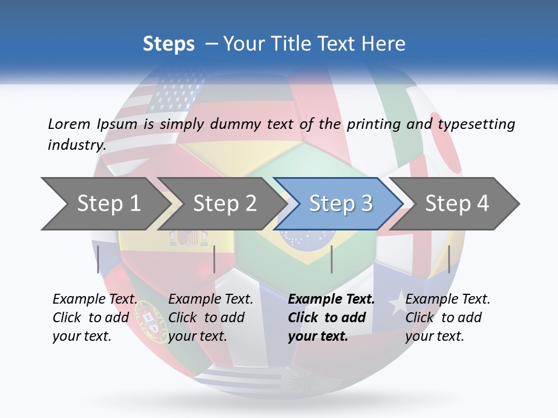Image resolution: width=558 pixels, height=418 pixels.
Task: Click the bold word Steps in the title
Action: click(x=169, y=44)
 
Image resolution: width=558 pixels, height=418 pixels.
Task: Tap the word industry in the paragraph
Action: click(x=76, y=145)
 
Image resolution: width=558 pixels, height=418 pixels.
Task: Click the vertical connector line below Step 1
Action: click(x=98, y=259)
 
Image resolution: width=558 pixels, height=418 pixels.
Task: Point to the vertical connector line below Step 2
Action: click(x=214, y=259)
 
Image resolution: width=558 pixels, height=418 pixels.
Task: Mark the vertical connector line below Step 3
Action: click(x=331, y=259)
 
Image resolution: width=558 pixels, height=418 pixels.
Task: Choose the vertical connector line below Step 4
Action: click(x=449, y=259)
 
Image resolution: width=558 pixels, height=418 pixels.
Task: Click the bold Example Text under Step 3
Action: click(x=331, y=300)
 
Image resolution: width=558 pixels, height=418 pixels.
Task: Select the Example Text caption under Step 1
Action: click(x=95, y=300)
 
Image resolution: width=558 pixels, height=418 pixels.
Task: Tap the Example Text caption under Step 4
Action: click(x=448, y=300)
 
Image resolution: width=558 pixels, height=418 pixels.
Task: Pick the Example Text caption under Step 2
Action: click(x=210, y=300)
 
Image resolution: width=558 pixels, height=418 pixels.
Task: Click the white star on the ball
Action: click(x=396, y=304)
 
